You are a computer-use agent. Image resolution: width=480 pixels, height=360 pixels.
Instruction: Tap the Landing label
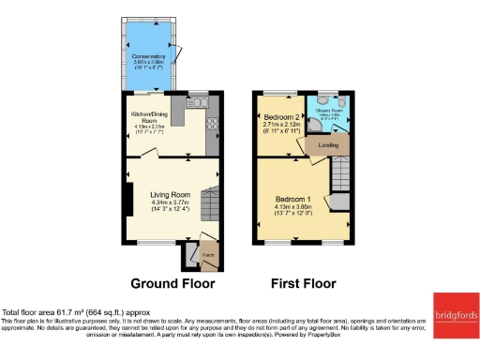(x=328, y=145)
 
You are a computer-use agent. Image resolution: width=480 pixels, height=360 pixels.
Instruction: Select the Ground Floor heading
(x=172, y=283)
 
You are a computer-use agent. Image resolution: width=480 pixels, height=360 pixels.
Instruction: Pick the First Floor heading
(x=303, y=283)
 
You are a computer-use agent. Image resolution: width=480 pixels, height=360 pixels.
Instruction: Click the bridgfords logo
(x=455, y=315)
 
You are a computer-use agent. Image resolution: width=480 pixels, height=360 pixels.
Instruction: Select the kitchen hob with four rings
(x=212, y=123)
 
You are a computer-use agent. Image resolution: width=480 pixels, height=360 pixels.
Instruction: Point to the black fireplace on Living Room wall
(x=128, y=199)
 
